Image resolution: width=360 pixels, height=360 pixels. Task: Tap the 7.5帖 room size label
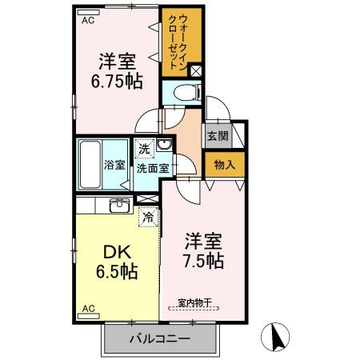202,259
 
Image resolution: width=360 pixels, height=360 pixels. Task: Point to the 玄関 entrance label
217,137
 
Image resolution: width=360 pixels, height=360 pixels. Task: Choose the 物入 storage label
223,166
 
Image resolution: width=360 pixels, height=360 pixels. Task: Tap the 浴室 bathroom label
115,165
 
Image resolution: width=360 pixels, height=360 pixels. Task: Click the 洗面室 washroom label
152,168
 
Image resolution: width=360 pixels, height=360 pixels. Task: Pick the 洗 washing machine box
144,148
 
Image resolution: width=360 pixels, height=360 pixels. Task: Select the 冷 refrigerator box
148,215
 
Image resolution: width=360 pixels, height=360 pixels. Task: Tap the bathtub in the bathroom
90,165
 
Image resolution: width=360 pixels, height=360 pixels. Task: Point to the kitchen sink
119,207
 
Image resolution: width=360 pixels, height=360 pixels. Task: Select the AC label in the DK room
89,307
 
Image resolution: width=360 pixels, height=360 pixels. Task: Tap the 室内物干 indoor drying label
194,302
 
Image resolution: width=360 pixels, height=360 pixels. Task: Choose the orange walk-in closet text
182,41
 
